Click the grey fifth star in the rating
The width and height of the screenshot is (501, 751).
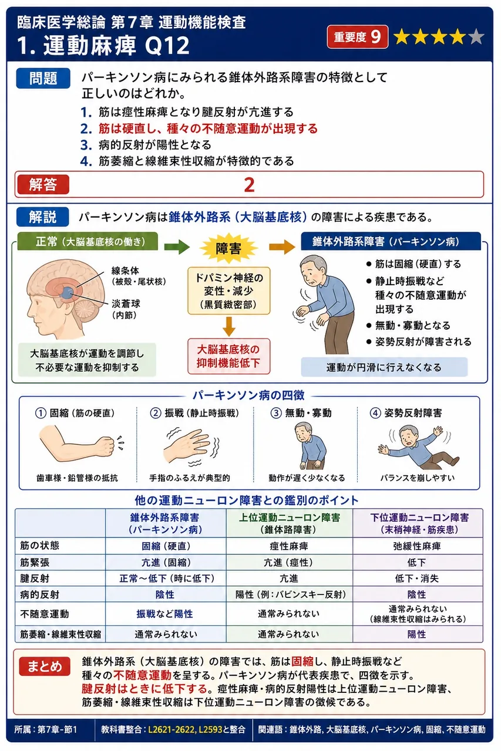pos(476,37)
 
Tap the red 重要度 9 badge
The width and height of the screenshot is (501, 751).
pos(357,37)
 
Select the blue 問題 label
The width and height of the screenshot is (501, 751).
pos(43,78)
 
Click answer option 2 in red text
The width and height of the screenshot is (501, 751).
pos(199,128)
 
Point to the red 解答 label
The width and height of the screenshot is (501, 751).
pos(42,184)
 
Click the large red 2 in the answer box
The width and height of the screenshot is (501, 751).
pos(249,185)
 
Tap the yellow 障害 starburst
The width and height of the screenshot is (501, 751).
pos(228,248)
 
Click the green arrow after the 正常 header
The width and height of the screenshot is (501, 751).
pos(177,247)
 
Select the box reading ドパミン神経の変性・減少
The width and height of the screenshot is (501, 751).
pos(229,290)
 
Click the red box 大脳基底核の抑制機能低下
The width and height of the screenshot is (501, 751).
pos(229,356)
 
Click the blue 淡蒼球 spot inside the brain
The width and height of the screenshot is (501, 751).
pos(68,293)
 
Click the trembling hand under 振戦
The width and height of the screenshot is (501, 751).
pos(188,446)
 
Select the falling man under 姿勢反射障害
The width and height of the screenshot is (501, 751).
pos(418,446)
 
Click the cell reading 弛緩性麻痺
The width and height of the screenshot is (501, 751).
pos(417,546)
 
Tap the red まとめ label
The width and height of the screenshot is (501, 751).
pos(44,666)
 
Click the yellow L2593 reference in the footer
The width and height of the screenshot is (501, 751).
pos(210,729)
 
